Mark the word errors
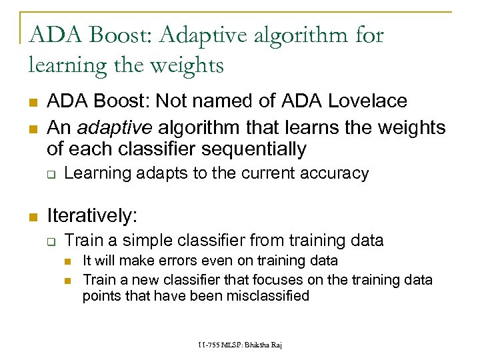coord(167,261)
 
